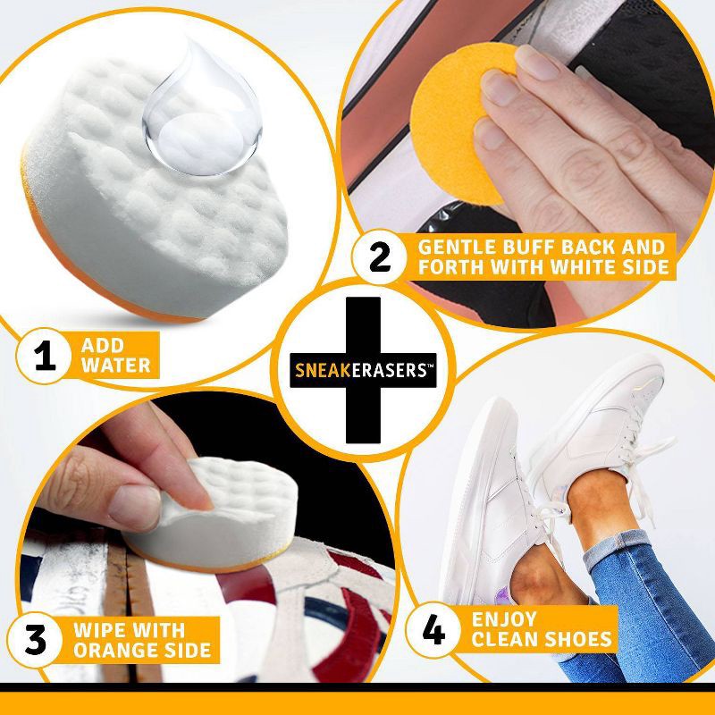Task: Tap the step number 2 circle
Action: pyautogui.click(x=379, y=257)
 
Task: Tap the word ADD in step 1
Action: pyautogui.click(x=100, y=346)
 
